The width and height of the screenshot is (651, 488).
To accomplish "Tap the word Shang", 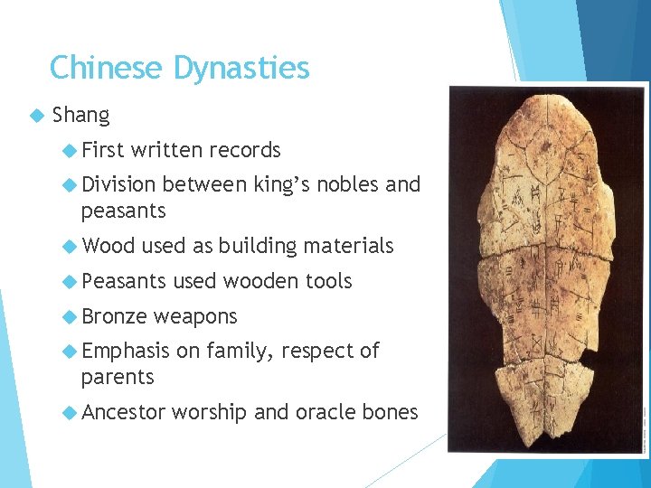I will point(81,116).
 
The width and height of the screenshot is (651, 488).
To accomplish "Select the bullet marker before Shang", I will point(36,116).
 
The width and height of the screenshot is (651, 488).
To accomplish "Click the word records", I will point(245,150).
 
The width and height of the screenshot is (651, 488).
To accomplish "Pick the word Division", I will point(118,185).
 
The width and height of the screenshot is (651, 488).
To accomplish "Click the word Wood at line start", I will point(108,246).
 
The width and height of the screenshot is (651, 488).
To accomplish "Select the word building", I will point(258,246).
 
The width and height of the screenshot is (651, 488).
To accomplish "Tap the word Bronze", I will point(114,316).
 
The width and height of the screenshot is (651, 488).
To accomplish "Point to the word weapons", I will point(195,317).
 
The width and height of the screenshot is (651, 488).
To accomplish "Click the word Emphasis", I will point(125,351).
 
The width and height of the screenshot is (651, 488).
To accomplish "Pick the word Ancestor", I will point(123,413).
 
